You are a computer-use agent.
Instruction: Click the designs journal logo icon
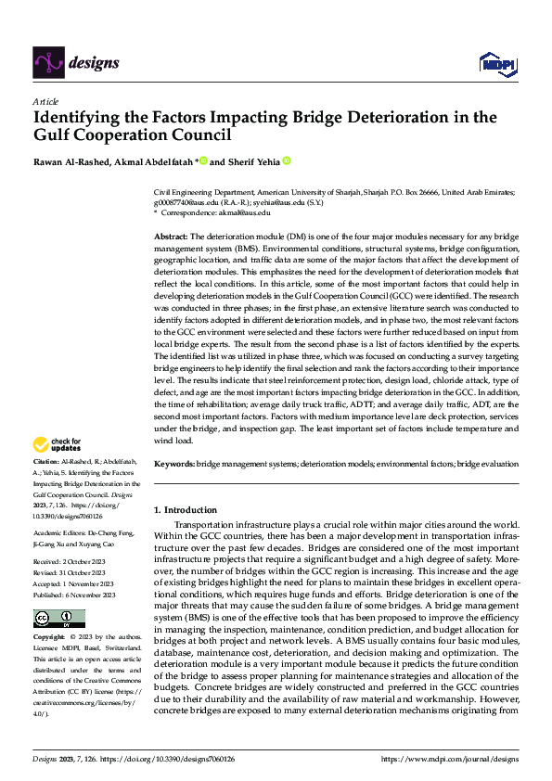pyautogui.click(x=47, y=62)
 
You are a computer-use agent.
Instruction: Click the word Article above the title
pyautogui.click(x=45, y=101)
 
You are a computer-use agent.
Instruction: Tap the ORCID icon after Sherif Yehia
pyautogui.click(x=287, y=160)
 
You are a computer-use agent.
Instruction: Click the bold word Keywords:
pyautogui.click(x=173, y=463)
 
